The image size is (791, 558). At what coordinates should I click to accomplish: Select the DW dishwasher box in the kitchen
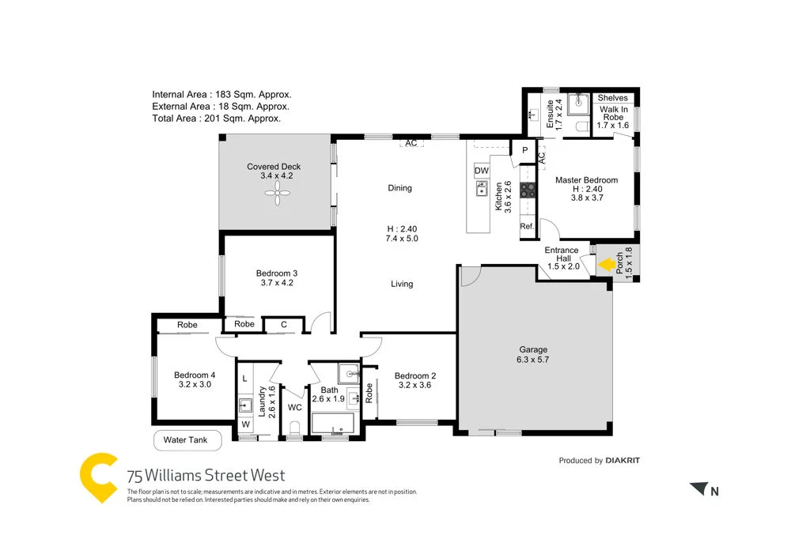481,171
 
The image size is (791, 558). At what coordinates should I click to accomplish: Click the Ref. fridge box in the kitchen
527,227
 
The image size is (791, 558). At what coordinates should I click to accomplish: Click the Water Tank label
185,440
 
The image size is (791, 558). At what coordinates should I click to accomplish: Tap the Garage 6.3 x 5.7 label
533,354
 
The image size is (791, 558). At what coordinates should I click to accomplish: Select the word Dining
399,188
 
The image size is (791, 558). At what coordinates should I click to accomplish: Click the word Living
402,284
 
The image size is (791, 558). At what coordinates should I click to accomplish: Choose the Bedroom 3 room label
276,277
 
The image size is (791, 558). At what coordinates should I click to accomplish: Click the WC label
294,408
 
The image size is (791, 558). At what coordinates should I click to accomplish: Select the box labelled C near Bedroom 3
284,324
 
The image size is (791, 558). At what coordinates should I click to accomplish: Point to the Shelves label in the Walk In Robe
612,98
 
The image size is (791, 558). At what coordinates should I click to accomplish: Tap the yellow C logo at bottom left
98,477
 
